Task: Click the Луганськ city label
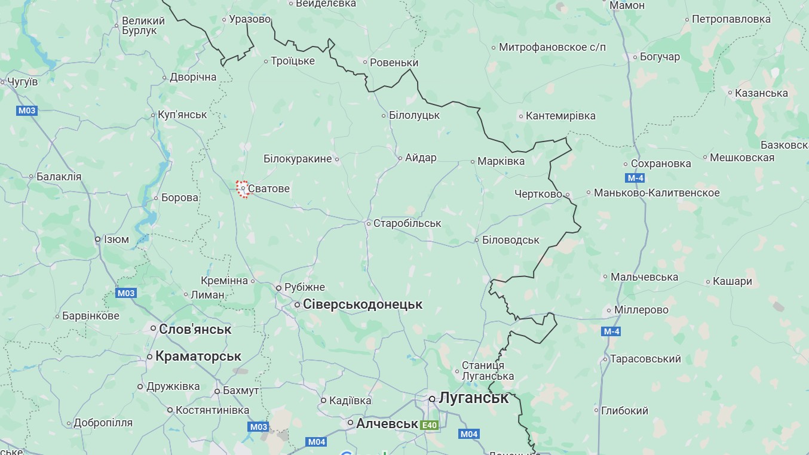pos(473,398)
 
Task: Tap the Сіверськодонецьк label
pos(362,305)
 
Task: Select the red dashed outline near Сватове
pos(242,189)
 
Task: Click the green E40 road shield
pos(429,426)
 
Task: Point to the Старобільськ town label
pos(407,223)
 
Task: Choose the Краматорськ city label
pos(198,356)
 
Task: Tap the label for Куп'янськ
pos(182,115)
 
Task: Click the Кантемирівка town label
pos(560,116)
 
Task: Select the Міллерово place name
pos(641,310)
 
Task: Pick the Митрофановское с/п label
pos(552,47)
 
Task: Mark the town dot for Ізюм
pos(98,239)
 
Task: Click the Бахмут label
pos(240,391)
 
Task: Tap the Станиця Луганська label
pos(488,371)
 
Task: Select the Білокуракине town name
pos(298,159)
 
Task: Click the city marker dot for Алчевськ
pos(351,423)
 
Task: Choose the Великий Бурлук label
pos(139,25)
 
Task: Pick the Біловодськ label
pos(510,240)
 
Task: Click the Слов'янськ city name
pos(195,329)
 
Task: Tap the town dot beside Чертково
pos(568,195)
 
